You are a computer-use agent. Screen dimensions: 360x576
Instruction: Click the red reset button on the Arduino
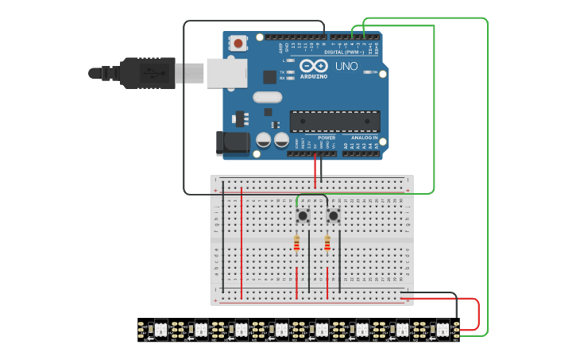click(x=238, y=43)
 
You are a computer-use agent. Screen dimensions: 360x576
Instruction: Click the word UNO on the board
click(x=347, y=66)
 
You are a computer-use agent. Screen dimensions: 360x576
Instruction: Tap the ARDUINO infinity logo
click(x=314, y=67)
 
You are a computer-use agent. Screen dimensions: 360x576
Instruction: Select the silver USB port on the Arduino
click(x=226, y=72)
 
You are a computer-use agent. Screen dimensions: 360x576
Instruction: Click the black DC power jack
click(x=230, y=142)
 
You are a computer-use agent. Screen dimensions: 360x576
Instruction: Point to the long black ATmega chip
click(x=334, y=121)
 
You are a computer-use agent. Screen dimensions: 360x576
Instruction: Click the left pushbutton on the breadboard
click(x=303, y=215)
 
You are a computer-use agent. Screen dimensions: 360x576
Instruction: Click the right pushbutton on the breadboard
click(x=334, y=215)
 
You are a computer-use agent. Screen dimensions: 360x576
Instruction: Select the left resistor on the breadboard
click(x=296, y=244)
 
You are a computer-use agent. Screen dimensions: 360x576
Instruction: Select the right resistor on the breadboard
click(x=327, y=244)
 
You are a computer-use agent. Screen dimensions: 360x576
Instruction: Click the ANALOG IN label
click(x=365, y=137)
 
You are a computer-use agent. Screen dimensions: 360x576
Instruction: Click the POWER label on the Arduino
click(x=327, y=137)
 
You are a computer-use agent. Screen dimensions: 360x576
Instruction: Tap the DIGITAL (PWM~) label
click(x=351, y=52)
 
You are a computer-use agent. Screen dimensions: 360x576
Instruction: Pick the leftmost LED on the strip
click(x=160, y=328)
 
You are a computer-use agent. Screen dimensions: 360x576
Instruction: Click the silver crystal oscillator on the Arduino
click(x=267, y=97)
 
